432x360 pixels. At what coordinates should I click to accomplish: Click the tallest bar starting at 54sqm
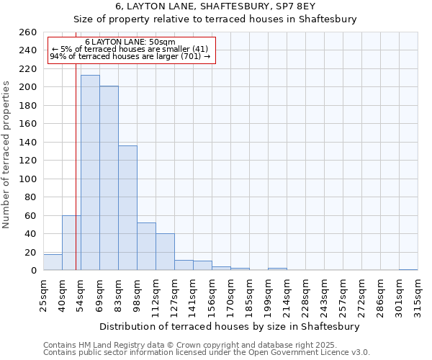[x=90, y=173]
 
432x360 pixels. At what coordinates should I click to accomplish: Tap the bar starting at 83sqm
[x=127, y=208]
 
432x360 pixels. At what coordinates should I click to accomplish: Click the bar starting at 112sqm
[x=165, y=252]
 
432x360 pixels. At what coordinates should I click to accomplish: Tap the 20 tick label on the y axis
[x=30, y=253]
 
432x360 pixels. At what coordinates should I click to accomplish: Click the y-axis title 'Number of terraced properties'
[x=7, y=155]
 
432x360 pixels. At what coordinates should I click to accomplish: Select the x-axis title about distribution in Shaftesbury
[x=229, y=326]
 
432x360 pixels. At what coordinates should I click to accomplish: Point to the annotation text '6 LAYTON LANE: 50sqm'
[x=130, y=42]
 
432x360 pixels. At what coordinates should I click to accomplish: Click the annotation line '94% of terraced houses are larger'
[x=130, y=56]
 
